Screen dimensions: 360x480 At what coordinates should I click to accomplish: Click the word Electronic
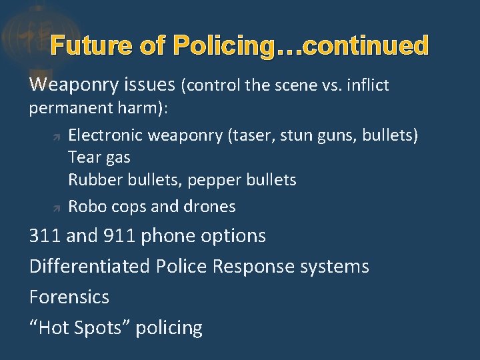coord(105,135)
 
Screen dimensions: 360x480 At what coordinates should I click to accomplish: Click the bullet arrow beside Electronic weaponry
coord(57,137)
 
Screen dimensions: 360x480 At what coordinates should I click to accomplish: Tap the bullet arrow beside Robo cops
coord(57,208)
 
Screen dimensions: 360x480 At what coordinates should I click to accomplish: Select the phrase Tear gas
coord(99,158)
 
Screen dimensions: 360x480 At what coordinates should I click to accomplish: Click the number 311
coord(45,236)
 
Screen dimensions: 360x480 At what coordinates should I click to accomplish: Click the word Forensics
coord(69,297)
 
